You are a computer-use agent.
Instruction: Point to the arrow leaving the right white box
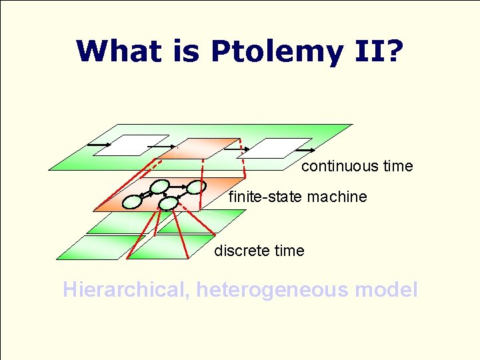(x=304, y=150)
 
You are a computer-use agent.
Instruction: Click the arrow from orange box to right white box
(x=237, y=149)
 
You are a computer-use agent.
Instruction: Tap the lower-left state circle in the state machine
(x=133, y=200)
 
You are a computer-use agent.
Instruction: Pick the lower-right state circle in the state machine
(x=169, y=203)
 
